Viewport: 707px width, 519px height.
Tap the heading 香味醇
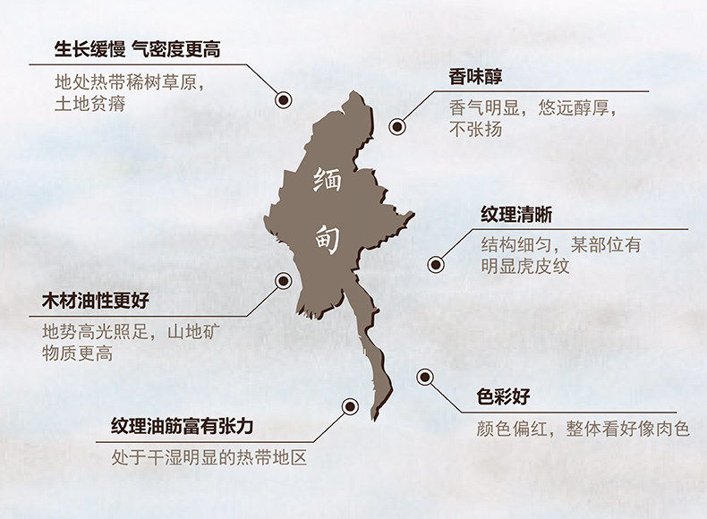pos(475,77)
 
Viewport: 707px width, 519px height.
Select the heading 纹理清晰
pos(515,215)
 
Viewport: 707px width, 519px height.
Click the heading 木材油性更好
pos(95,301)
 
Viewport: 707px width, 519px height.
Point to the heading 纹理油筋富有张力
pos(183,426)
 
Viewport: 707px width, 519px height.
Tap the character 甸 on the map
pos(328,237)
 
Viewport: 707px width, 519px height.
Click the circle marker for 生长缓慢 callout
pos(283,99)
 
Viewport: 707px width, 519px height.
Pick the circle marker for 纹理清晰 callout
pos(436,264)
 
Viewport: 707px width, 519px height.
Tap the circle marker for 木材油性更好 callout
pos(284,280)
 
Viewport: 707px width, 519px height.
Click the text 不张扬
pos(475,130)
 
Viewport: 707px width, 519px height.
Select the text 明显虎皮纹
pos(525,267)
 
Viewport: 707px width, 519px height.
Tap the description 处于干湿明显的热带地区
pos(209,458)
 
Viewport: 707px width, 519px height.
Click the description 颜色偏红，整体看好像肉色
pos(583,430)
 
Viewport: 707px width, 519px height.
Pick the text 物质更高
pos(78,353)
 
